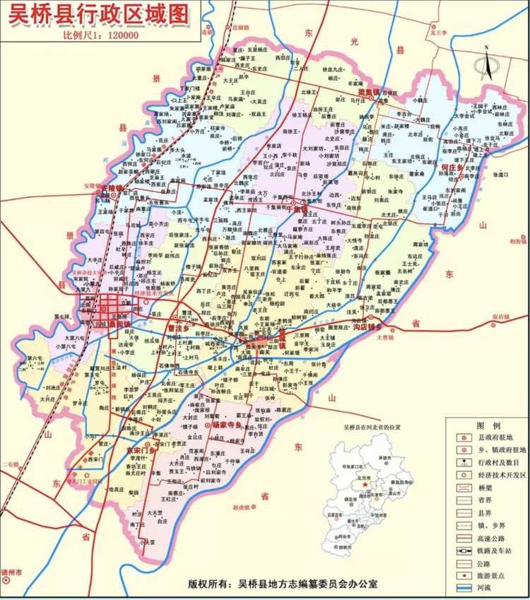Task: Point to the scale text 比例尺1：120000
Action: (x=100, y=36)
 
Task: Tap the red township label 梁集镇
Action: (x=368, y=92)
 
